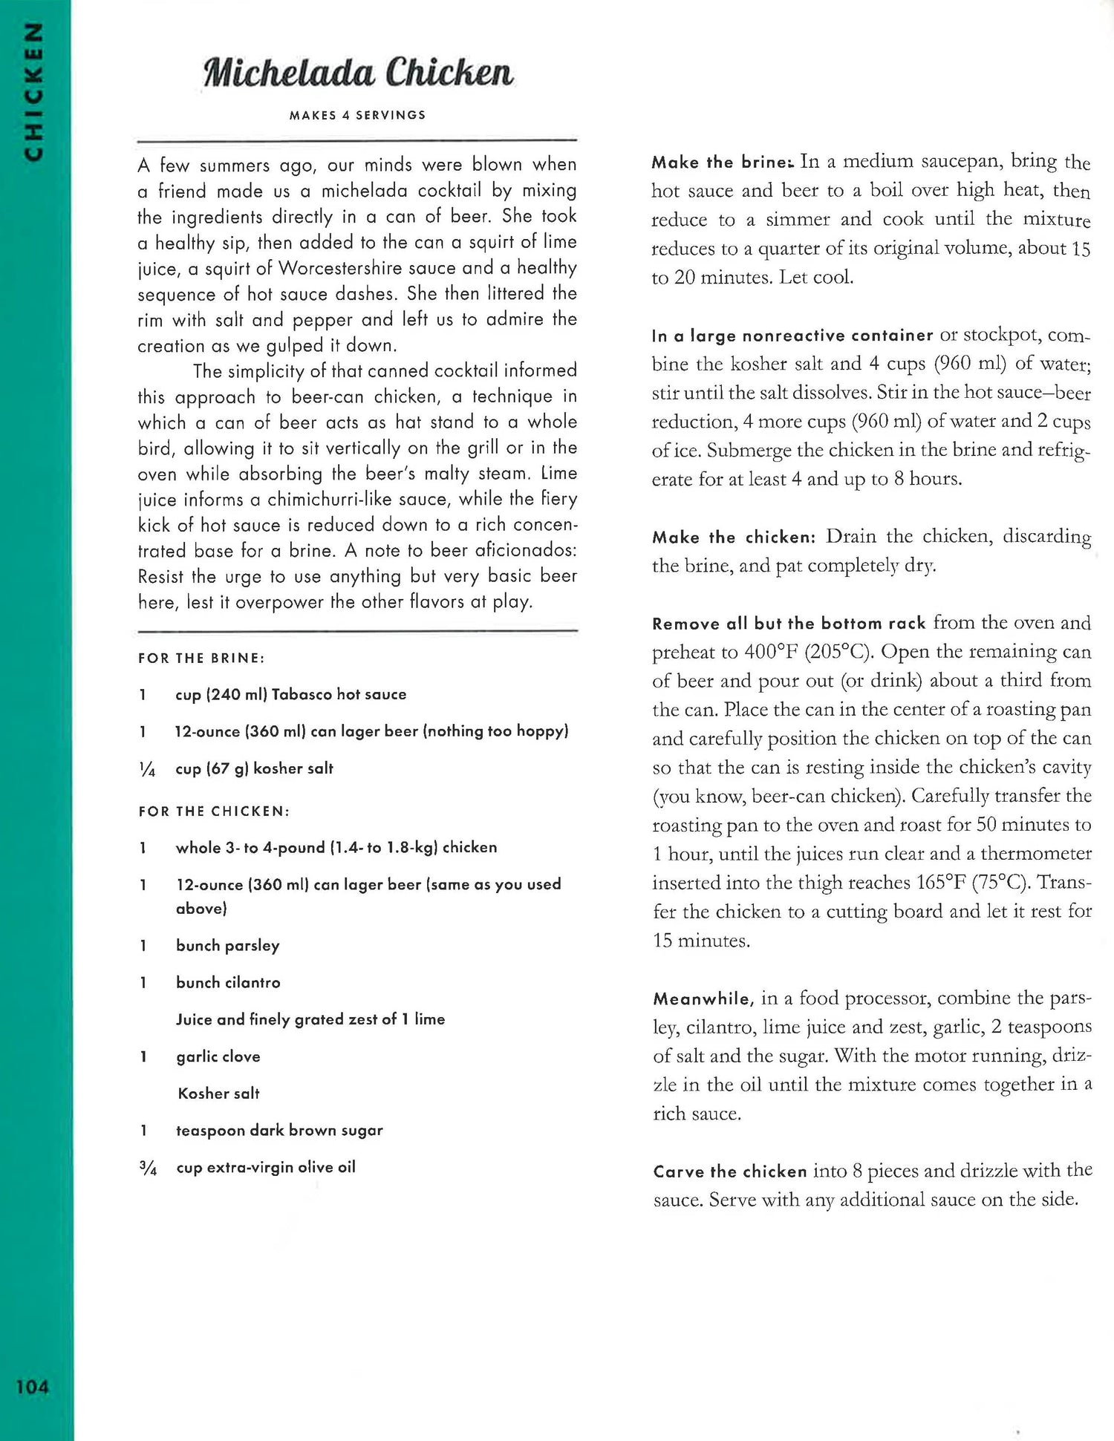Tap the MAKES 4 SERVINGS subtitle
tap(357, 115)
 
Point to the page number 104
tap(33, 1387)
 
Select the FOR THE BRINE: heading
tap(201, 659)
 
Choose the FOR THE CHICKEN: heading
tap(214, 811)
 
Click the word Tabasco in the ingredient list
tap(302, 694)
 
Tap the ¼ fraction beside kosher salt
tap(147, 769)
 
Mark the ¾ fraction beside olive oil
tap(148, 1169)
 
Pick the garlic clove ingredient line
tap(218, 1056)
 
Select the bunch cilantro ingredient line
tap(228, 982)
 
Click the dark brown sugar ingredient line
tap(279, 1130)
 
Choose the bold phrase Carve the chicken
tap(729, 1172)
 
